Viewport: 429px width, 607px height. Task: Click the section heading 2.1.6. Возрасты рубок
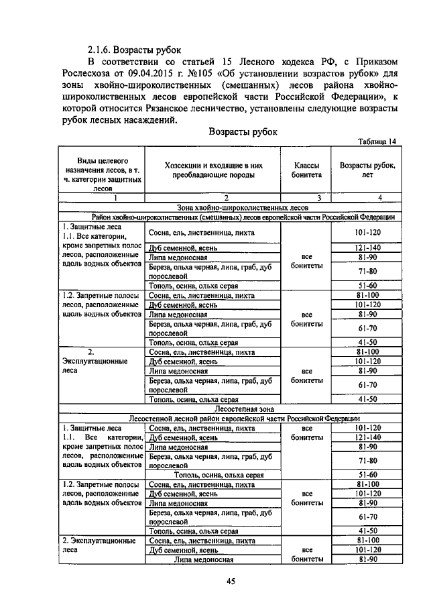pos(139,50)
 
